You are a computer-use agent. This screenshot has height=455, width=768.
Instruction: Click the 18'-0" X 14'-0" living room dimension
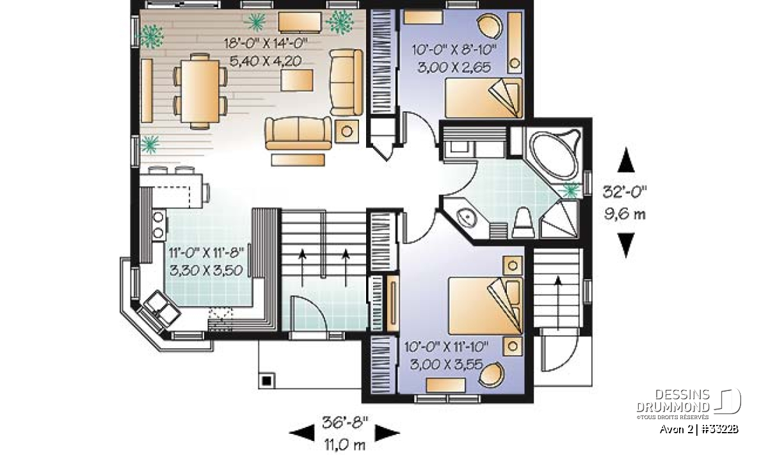pos(266,44)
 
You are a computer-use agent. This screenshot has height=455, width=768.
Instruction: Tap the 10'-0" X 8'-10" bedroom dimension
pos(454,50)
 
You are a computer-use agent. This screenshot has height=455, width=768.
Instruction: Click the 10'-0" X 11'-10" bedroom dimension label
pos(446,347)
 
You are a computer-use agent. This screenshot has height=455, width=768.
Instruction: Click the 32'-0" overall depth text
pos(625,193)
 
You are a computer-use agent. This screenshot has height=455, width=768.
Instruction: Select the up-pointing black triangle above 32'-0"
pos(626,160)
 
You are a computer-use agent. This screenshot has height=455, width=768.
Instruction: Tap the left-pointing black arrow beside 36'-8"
pos(301,433)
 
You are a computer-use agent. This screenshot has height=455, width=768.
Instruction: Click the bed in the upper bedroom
pos(484,98)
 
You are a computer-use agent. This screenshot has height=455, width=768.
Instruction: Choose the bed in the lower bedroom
pos(486,306)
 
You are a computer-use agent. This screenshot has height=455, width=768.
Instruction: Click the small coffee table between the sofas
pos(297,80)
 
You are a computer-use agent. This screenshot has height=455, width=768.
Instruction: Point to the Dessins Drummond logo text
pos(673,401)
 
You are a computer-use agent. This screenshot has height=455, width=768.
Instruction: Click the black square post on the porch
pos(267,381)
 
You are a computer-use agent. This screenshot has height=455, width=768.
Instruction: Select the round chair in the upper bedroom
pos(490,25)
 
